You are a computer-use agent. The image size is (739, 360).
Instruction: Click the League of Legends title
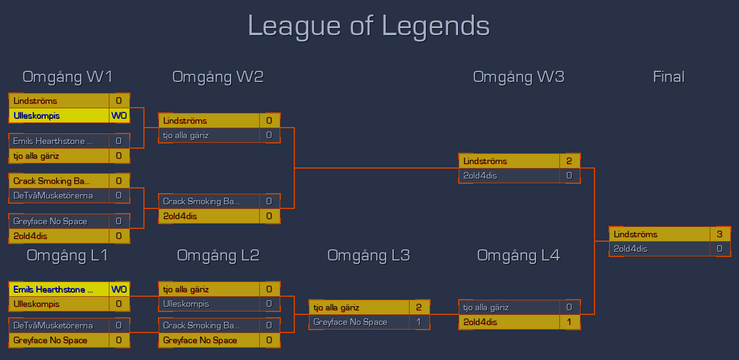pyautogui.click(x=369, y=26)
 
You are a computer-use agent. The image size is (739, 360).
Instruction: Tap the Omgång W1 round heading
pyautogui.click(x=67, y=77)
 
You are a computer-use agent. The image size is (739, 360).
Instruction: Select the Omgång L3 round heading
pyautogui.click(x=369, y=255)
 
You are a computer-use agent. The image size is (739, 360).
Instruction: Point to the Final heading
pyautogui.click(x=668, y=77)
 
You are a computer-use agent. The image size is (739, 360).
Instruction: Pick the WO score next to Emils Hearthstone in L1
pyautogui.click(x=119, y=289)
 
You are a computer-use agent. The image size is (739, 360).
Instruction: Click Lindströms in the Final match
pyautogui.click(x=659, y=234)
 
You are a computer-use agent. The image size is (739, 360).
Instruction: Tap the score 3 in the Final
pyautogui.click(x=719, y=234)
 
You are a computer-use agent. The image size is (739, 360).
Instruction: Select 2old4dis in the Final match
pyautogui.click(x=659, y=249)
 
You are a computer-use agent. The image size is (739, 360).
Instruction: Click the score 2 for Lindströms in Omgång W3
pyautogui.click(x=569, y=161)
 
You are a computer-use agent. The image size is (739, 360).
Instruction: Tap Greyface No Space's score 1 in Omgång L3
pyautogui.click(x=419, y=322)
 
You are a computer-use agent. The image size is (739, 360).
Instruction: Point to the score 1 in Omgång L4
pyautogui.click(x=569, y=322)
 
